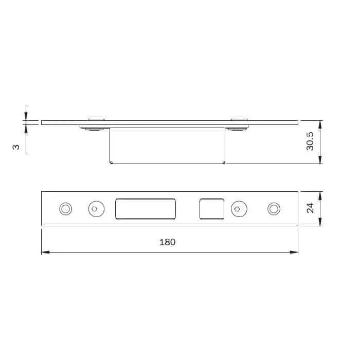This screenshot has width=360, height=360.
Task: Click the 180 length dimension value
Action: point(168,242)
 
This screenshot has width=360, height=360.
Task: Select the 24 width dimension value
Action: point(310,208)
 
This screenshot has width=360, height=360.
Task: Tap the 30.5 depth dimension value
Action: point(310,142)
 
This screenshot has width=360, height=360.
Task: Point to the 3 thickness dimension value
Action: point(16,147)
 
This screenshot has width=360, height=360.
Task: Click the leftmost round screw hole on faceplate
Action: point(65,208)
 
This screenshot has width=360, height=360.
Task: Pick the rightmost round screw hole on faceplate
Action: point(274,208)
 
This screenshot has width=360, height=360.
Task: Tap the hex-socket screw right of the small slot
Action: point(238,208)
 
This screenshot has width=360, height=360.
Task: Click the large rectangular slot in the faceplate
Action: point(146,208)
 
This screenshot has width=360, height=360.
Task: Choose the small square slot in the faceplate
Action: point(212,208)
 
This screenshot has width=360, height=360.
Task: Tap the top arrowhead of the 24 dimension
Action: point(320,195)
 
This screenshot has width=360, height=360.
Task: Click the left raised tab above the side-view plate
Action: point(96,119)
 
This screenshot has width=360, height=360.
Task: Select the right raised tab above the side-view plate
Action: point(239,119)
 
